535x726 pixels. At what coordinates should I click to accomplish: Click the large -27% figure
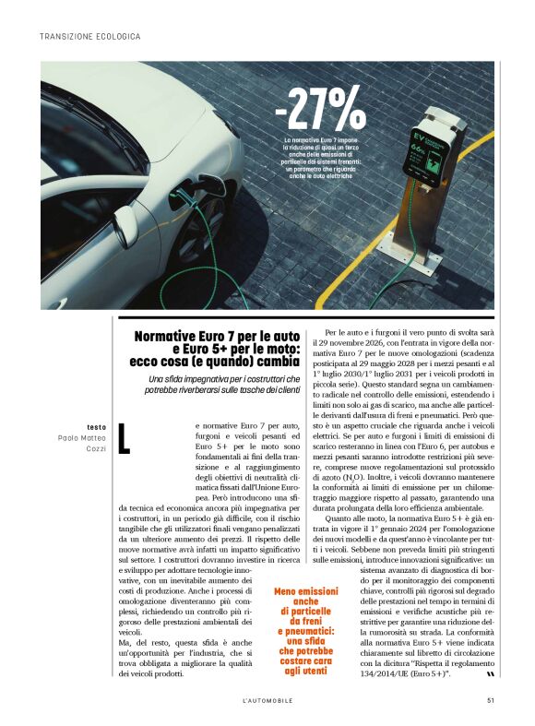coord(319,108)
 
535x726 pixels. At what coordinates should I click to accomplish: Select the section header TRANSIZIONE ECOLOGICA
coord(90,37)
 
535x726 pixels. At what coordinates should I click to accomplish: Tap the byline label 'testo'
coord(96,427)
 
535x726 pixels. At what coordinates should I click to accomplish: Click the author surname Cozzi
coord(96,448)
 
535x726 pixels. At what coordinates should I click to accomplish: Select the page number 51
coord(492,699)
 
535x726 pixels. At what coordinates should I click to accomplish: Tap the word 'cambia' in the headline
coord(277,362)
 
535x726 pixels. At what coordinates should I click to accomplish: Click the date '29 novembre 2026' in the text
coord(357,342)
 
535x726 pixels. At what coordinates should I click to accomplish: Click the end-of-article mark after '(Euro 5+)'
coord(477,674)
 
